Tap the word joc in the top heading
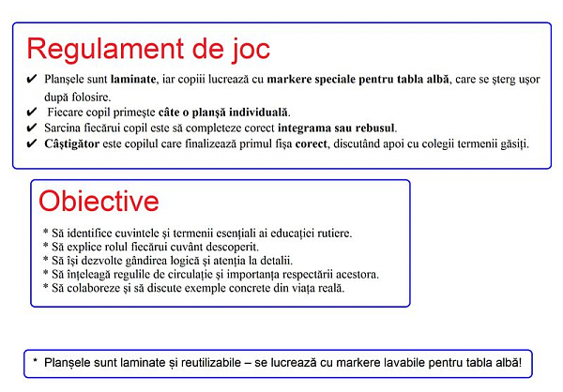pyautogui.click(x=251, y=50)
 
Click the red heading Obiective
pyautogui.click(x=99, y=201)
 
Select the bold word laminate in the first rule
pyautogui.click(x=133, y=79)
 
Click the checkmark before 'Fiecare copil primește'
pyautogui.click(x=32, y=112)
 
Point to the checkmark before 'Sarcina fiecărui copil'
pyautogui.click(x=32, y=128)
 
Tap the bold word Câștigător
pyautogui.click(x=72, y=143)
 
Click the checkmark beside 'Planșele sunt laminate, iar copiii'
pyautogui.click(x=32, y=79)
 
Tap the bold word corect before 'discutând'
pyautogui.click(x=311, y=143)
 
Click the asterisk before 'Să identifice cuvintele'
pyautogui.click(x=46, y=232)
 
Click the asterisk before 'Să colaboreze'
pyautogui.click(x=46, y=286)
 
